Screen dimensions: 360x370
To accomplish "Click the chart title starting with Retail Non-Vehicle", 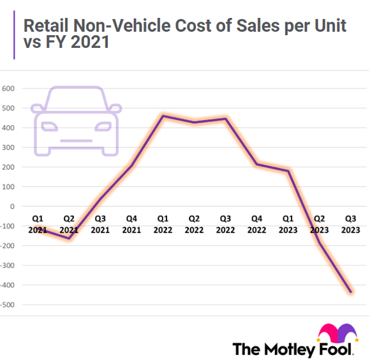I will (185, 35).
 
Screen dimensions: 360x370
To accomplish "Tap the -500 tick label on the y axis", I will (7, 304).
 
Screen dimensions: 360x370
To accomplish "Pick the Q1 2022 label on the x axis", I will (163, 225).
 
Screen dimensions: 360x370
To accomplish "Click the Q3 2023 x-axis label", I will (350, 225).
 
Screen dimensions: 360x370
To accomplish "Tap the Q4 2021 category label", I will (131, 225).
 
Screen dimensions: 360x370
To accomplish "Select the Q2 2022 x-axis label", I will (194, 225).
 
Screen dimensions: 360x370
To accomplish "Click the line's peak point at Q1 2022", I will (163, 116).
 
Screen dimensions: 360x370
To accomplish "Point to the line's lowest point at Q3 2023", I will (350, 292).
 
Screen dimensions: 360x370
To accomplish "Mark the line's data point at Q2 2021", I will (69, 238).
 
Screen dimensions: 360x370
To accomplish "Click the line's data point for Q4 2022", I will (256, 164).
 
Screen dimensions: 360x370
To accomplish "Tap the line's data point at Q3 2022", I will (225, 119).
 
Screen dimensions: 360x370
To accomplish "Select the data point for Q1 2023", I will (288, 170).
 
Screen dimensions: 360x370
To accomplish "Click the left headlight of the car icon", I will (48, 124).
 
